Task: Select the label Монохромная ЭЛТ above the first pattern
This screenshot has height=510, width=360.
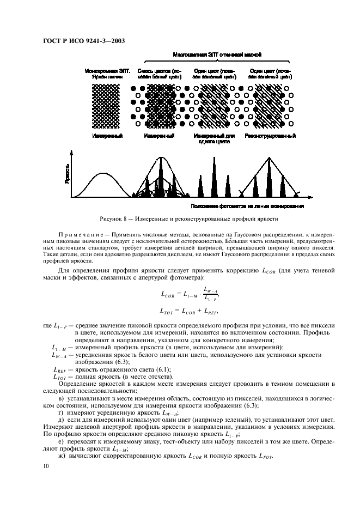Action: [107, 71]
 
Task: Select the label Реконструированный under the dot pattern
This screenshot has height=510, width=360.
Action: [270, 136]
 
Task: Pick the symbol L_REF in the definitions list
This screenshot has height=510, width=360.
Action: [58, 370]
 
